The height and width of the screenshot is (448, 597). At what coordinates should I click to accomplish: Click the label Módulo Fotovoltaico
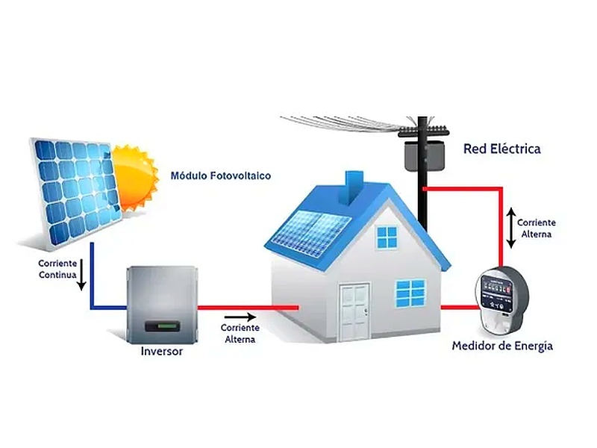221,175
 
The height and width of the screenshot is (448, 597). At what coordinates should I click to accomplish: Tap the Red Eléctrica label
501,149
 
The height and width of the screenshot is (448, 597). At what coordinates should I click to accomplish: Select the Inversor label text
162,351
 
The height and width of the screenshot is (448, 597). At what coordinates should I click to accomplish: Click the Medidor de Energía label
502,346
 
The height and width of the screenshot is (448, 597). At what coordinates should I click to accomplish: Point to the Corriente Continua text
57,269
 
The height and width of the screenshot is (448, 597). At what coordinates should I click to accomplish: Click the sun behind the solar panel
134,178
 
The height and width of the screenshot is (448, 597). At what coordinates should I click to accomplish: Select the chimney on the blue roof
354,190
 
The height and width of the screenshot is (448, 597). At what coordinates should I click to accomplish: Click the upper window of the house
387,237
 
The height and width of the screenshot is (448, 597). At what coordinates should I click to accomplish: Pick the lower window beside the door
410,293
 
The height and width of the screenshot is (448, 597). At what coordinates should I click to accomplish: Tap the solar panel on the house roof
310,233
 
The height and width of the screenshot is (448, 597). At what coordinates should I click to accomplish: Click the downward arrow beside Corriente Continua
82,274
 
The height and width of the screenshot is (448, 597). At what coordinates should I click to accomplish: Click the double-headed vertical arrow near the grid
511,228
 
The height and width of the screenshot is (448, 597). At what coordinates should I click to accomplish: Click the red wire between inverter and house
248,307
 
